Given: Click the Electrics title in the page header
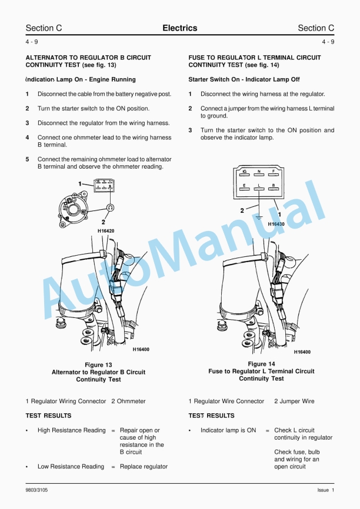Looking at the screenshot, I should click(x=179, y=28).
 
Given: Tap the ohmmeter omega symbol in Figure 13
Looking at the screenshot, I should click(x=110, y=207).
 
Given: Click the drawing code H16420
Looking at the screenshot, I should click(x=106, y=231).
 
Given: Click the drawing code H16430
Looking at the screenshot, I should click(x=276, y=224).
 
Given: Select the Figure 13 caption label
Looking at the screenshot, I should click(x=98, y=365).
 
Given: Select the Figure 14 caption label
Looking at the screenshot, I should click(x=261, y=364).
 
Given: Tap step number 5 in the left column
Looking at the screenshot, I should click(x=27, y=159).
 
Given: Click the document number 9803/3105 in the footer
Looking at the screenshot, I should click(x=38, y=490).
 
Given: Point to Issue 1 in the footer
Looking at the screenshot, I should click(x=325, y=490).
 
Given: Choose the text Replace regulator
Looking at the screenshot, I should click(x=144, y=467).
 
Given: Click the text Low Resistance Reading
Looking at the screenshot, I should click(x=71, y=467).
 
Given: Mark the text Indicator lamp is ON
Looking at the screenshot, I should click(x=228, y=430).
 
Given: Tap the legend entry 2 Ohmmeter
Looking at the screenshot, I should click(x=128, y=401).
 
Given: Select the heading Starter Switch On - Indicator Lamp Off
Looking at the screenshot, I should click(x=244, y=79).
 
